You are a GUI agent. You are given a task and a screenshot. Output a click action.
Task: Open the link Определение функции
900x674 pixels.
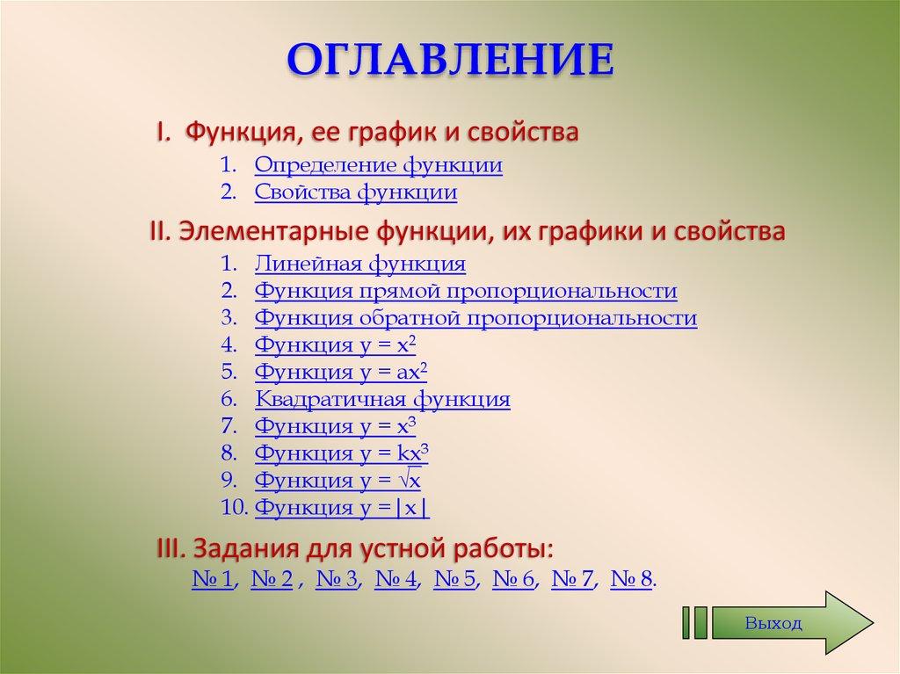378,165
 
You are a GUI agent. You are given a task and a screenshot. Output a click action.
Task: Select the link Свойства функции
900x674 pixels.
355,192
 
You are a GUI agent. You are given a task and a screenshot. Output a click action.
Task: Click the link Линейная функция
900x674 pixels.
359,263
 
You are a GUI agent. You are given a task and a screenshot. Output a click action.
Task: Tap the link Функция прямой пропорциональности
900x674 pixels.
465,291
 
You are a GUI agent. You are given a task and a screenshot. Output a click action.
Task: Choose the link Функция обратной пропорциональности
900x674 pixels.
475,318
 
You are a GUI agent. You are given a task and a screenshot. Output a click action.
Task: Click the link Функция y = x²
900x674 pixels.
334,345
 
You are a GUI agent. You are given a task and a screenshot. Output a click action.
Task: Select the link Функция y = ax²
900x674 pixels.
340,373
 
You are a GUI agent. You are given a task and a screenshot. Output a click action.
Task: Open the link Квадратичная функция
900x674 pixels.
382,400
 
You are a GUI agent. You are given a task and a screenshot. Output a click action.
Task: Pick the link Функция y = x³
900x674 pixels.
334,427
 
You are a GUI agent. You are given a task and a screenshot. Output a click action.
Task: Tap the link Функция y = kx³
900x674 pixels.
341,454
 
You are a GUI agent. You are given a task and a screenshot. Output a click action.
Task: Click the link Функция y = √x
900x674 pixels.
337,482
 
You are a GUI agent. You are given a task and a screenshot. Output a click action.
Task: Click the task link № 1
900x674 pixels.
212,579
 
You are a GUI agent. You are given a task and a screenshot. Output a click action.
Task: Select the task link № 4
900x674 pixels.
396,579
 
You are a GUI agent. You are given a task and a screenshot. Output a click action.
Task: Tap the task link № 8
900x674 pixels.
631,579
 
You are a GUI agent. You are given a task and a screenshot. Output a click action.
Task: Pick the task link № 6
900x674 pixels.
513,579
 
